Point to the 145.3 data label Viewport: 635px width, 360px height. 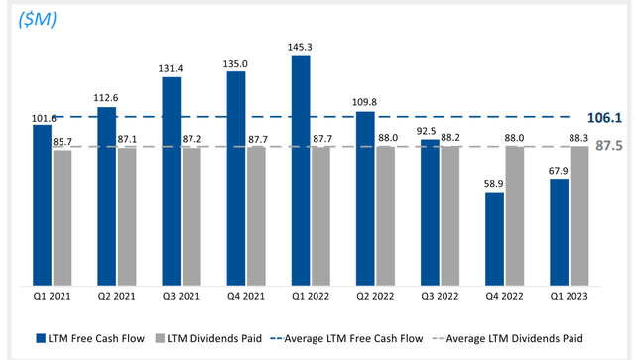click(300, 47)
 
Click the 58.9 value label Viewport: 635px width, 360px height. click(493, 184)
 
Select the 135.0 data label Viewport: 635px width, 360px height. click(235, 64)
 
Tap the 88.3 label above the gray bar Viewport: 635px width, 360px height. click(579, 138)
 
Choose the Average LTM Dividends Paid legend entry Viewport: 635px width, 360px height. click(515, 338)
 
